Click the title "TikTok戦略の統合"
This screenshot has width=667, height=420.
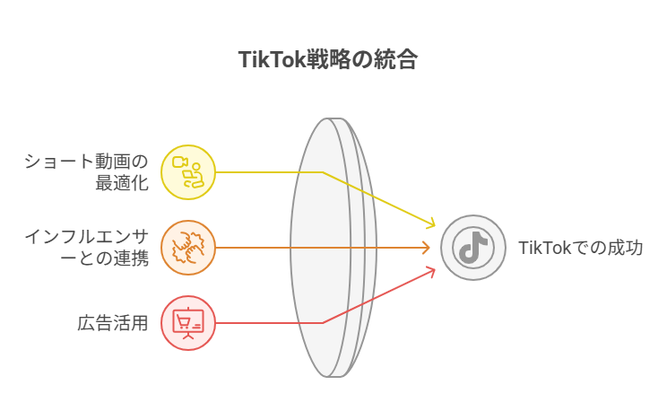pos(327,59)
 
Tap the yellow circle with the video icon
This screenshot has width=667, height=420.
pos(188,172)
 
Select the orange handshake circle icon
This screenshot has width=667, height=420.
pos(188,248)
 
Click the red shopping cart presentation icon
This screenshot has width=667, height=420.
pos(188,323)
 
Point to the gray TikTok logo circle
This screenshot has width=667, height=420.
pos(473,248)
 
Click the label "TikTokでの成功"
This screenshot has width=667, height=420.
pos(580,248)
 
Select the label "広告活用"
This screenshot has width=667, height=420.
pos(113,323)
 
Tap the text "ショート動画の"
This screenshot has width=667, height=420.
pos(86,162)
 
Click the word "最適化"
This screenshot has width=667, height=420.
pos(122,183)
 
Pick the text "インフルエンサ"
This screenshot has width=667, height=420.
pos(86,237)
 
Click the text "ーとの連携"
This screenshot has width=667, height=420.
pos(104,258)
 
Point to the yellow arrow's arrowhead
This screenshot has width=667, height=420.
pos(430,223)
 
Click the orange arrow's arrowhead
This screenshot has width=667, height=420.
pos(425,248)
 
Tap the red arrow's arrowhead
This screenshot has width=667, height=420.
pos(430,272)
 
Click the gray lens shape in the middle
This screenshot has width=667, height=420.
pos(333,248)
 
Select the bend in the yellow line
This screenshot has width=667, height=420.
pos(323,172)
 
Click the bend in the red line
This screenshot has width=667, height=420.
pos(323,323)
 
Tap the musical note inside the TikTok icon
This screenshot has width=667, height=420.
pos(473,247)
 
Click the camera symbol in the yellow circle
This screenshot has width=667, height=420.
pos(180,162)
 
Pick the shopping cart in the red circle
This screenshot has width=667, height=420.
pos(184,322)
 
